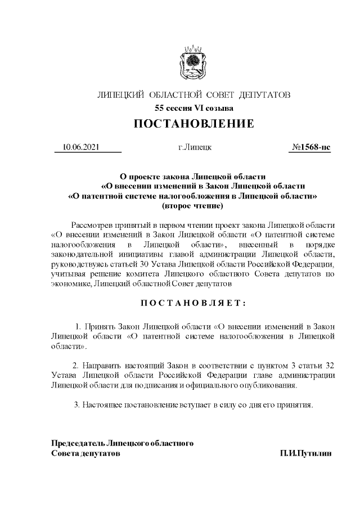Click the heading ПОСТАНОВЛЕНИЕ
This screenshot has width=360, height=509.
[193, 124]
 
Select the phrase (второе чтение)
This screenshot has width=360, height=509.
[193, 207]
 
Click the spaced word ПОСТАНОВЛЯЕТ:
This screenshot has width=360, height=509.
[193, 303]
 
